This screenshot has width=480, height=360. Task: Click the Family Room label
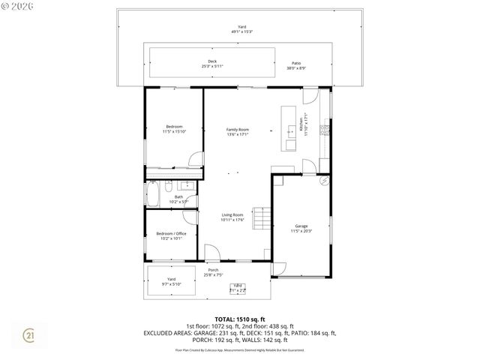coord(238,132)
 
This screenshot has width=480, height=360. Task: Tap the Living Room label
coord(232,217)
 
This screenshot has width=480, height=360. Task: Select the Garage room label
coord(301,228)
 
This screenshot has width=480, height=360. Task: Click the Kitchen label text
coord(303,123)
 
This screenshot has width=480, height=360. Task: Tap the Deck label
coord(212,64)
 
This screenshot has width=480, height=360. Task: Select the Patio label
coord(296,64)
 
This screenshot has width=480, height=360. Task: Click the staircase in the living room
coord(260,218)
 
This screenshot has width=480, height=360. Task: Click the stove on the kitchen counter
coord(324,130)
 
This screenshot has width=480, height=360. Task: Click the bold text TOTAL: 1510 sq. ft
coord(240,319)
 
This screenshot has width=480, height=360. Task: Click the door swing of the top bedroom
coord(196,159)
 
